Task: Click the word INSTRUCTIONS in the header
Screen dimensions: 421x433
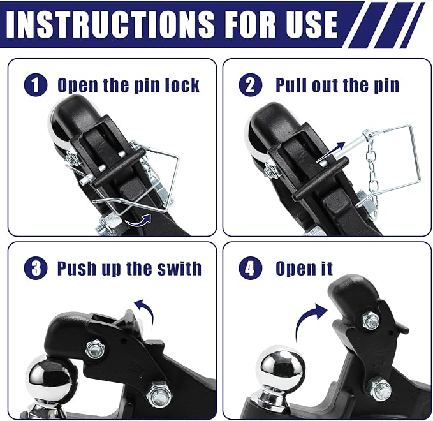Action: [x=114, y=24]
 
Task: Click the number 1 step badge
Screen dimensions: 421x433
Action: [x=35, y=85]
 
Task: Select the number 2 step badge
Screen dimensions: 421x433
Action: [x=249, y=85]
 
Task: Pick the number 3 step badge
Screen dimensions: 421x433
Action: [x=35, y=268]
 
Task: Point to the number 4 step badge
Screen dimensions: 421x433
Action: [x=250, y=269]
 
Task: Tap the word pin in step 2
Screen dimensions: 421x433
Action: [x=384, y=85]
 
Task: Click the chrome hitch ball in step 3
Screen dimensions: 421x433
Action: [x=51, y=377]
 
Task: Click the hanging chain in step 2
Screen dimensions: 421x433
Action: [x=372, y=169]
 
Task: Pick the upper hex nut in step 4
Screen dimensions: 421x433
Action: [x=371, y=320]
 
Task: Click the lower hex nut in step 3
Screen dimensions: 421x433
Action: [x=158, y=394]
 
